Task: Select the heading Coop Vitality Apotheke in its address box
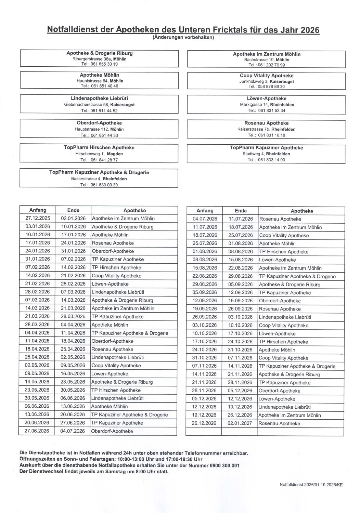(x=267, y=76)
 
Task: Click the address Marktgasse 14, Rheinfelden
(x=267, y=104)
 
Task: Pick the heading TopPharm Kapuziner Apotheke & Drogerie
(x=99, y=172)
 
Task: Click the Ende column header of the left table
(x=73, y=210)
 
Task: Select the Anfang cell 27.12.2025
(x=38, y=218)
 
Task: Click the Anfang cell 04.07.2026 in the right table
(x=205, y=219)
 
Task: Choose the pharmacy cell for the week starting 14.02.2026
(x=116, y=276)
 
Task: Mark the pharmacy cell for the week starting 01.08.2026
(x=284, y=252)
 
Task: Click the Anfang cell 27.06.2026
(x=37, y=431)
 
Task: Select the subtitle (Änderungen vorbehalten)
(x=183, y=37)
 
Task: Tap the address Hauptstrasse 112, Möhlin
(x=99, y=129)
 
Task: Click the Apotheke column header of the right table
(x=301, y=211)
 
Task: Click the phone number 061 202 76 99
(x=271, y=65)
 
